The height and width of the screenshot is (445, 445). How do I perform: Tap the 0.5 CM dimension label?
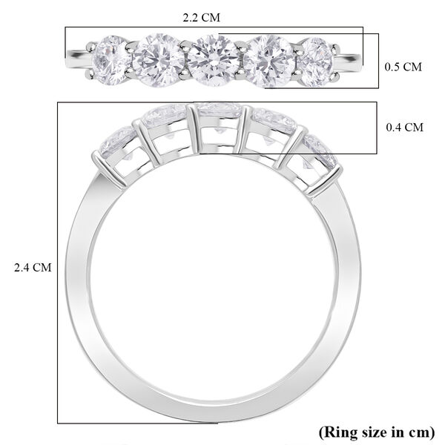(x=403, y=67)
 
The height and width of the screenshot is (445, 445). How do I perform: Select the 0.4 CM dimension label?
(x=404, y=128)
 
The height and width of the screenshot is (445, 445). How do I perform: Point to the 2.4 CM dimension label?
(x=33, y=268)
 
